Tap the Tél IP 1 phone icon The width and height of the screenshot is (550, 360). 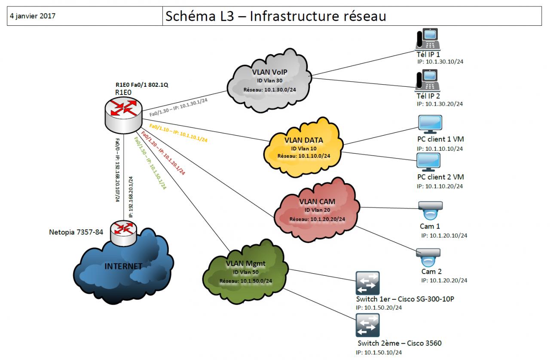click(426, 39)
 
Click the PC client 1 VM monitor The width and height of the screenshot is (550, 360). click(430, 124)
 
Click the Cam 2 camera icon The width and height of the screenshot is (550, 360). click(428, 258)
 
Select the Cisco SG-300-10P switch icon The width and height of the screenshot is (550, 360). click(367, 283)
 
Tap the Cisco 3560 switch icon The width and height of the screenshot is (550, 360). click(367, 325)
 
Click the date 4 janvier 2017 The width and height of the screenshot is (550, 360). click(33, 16)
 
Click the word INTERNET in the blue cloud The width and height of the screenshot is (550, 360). click(123, 266)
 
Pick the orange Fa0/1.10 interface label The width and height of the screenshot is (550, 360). click(178, 133)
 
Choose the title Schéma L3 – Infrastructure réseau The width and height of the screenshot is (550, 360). click(275, 16)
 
